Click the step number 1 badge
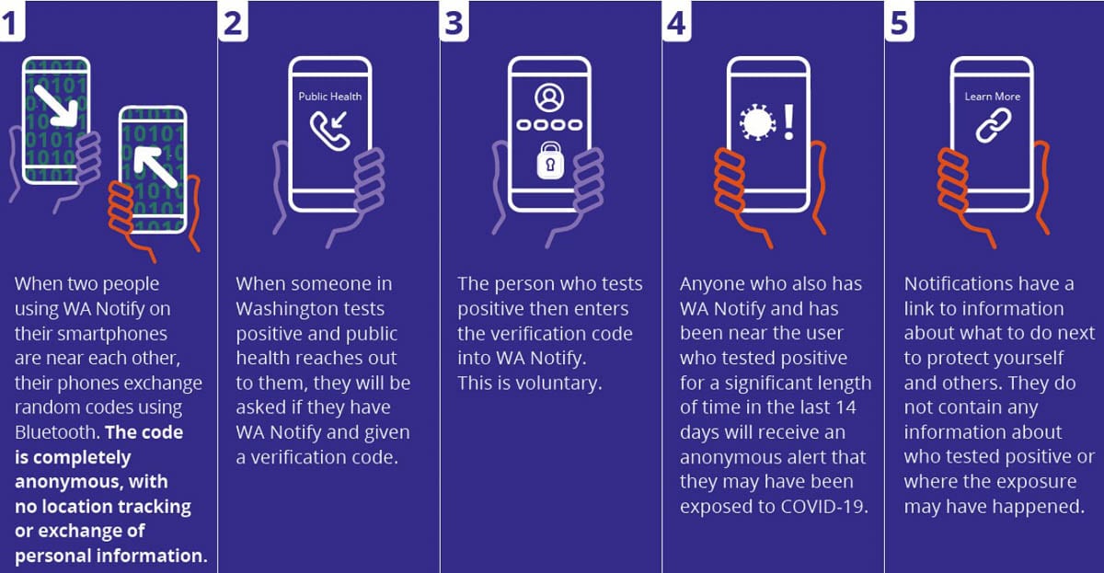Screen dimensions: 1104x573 click(11, 20)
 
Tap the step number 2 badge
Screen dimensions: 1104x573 click(233, 20)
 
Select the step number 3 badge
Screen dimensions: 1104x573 click(454, 20)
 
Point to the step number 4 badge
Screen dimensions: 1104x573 click(676, 20)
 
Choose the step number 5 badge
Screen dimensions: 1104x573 click(900, 20)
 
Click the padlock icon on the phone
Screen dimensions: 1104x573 click(550, 160)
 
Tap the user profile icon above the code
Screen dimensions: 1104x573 click(549, 97)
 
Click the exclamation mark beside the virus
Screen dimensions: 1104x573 click(789, 121)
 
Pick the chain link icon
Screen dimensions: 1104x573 click(994, 126)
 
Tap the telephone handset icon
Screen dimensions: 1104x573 click(328, 132)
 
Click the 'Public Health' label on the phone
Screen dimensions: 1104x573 click(329, 97)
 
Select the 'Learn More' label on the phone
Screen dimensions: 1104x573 click(992, 97)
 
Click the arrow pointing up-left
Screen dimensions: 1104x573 click(155, 166)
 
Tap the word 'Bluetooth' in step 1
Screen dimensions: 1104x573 click(57, 432)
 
